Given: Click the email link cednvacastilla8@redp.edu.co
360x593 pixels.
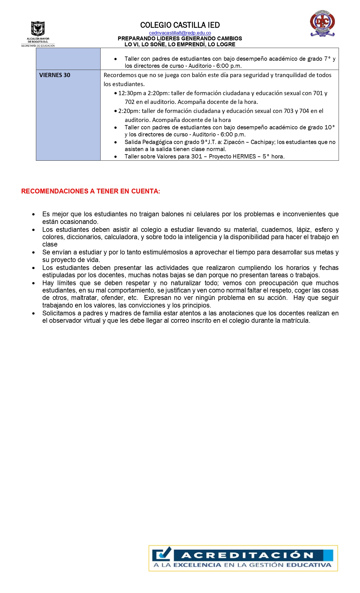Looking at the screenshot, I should (x=180, y=33).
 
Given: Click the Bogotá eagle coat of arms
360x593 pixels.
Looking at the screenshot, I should (x=38, y=29).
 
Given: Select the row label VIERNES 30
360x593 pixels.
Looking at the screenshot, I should (x=55, y=75).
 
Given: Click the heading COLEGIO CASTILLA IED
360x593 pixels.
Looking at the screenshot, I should (x=180, y=25).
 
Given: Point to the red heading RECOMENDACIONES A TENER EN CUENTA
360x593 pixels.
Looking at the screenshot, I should (x=91, y=191).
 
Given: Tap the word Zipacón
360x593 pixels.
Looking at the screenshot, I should (x=234, y=142).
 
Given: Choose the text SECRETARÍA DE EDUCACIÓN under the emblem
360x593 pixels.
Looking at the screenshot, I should (x=38, y=46).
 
